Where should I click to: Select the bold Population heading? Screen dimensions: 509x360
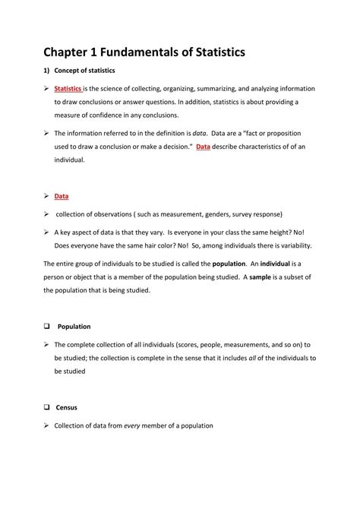(74, 326)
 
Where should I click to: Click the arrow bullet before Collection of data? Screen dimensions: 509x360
(46, 425)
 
